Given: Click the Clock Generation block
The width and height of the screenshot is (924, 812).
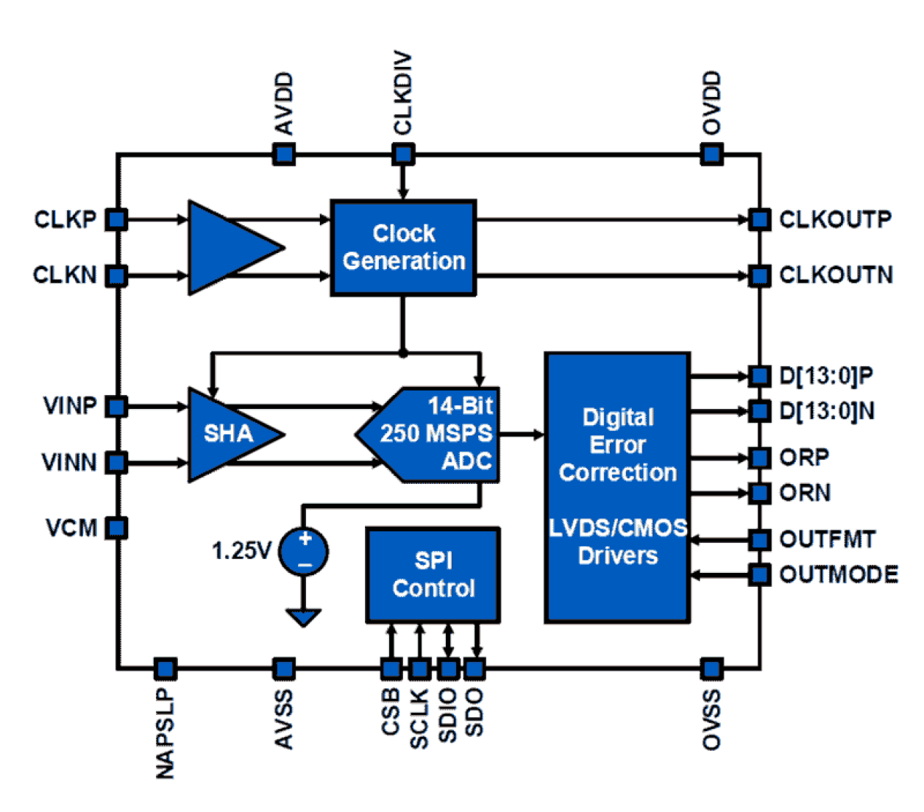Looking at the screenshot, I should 403,248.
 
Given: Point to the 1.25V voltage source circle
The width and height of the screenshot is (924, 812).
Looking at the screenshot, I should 304,552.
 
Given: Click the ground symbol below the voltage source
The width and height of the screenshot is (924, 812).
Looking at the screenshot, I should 304,616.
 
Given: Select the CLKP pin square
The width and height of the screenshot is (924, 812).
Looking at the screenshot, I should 116,219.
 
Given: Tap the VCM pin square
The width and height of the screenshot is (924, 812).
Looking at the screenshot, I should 116,527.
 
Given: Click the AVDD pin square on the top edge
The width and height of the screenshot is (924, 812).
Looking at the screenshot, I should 284,154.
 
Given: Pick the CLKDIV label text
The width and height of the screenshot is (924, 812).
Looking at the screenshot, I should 402,93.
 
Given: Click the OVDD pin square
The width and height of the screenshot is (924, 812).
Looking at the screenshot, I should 711,154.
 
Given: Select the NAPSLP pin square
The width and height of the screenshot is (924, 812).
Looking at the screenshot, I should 166,669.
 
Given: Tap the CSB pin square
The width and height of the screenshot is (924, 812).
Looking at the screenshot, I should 391,669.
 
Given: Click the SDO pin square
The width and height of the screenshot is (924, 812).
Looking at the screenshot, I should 475,669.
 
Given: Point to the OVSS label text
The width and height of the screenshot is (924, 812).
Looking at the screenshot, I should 711,719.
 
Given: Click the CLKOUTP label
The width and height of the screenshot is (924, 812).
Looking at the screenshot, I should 835,219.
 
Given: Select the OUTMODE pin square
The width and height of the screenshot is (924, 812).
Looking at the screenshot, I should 759,574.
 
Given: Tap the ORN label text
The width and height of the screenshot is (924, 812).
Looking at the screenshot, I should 805,492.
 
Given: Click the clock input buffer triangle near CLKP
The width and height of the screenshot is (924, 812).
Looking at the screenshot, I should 228,248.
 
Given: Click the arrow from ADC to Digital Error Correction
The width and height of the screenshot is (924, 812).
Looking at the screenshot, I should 522,434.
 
